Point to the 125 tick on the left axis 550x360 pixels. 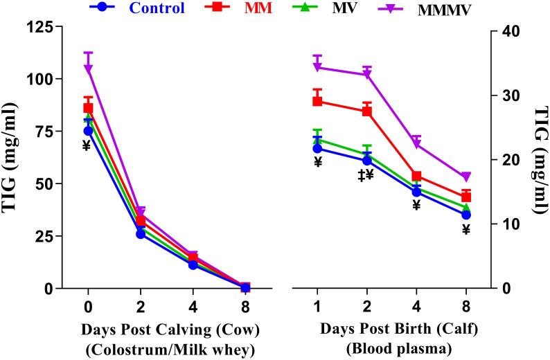pos(40,27)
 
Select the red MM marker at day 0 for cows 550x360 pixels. pos(88,107)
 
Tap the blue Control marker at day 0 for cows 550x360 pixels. pos(88,131)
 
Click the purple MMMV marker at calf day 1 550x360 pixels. pos(317,67)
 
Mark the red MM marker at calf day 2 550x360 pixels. pos(367,111)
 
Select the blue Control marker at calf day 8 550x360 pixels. pos(466,215)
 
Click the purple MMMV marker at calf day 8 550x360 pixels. pos(466,177)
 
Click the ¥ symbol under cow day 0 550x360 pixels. pos(87,145)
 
